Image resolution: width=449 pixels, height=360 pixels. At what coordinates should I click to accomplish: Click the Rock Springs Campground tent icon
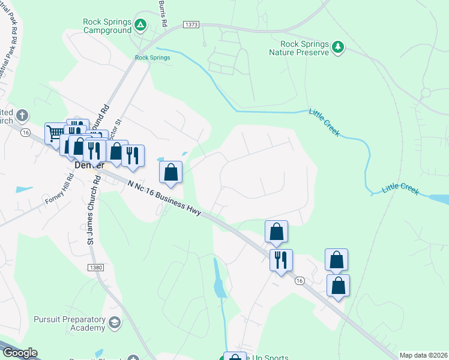tap(140, 25)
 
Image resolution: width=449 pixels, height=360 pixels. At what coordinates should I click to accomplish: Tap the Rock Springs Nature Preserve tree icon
tap(338, 47)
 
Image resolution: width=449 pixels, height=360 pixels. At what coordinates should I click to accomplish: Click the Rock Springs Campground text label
tap(107, 26)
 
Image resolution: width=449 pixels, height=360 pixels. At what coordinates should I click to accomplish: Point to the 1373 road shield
tap(191, 25)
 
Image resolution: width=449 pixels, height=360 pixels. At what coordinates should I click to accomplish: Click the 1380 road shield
tap(95, 267)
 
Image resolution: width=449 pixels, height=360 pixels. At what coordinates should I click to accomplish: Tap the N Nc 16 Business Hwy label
tap(166, 197)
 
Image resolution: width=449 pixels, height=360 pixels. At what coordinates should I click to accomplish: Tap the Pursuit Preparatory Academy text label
tap(70, 323)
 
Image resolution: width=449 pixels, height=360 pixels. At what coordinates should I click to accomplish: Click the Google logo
tap(19, 353)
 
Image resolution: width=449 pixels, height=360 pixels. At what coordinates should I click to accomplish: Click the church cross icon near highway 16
tap(22, 115)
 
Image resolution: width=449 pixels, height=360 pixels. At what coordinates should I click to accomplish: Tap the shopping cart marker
tap(56, 132)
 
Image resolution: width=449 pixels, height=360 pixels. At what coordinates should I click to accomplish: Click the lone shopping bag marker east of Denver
tap(171, 172)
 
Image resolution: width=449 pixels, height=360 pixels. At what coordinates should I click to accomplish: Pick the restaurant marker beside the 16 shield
tap(280, 260)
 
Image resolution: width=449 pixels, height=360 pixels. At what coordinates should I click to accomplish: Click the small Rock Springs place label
tap(152, 58)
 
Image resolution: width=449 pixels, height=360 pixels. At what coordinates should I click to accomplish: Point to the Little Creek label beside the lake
tap(400, 188)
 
